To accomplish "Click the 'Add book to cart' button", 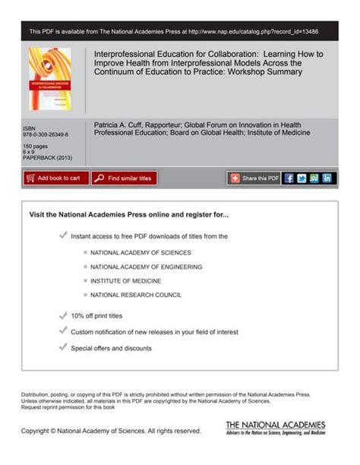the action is coord(55,178).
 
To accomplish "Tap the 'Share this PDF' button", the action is coord(254,178).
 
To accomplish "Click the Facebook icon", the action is coord(289,178).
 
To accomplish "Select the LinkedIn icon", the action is coord(327,178).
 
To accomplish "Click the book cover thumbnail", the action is coord(49,78).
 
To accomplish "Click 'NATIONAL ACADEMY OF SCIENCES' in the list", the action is coord(141,251).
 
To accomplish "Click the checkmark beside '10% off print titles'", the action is coord(62,315).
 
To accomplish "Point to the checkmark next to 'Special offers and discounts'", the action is coord(62,347).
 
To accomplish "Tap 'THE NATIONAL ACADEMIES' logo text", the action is coord(275,424).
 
